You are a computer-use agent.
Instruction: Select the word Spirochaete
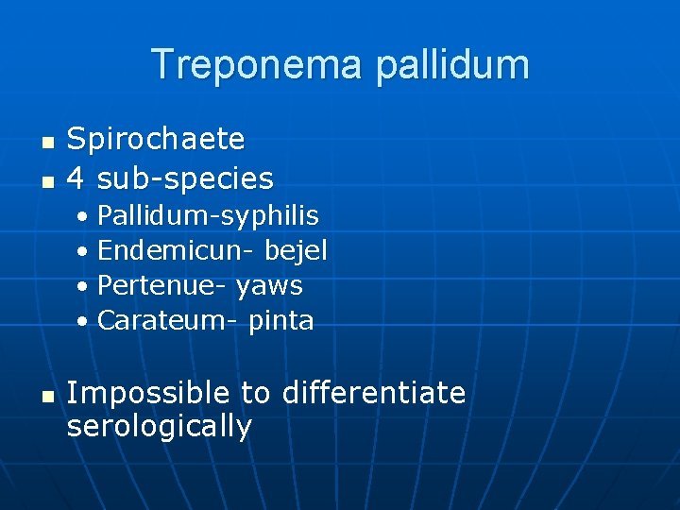(156, 140)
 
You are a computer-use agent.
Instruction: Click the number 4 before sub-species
(76, 178)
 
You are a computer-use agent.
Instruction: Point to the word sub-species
(185, 178)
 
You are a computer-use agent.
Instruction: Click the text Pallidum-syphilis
(208, 216)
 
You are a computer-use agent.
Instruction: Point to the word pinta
(280, 320)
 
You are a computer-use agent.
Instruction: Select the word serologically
(160, 427)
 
